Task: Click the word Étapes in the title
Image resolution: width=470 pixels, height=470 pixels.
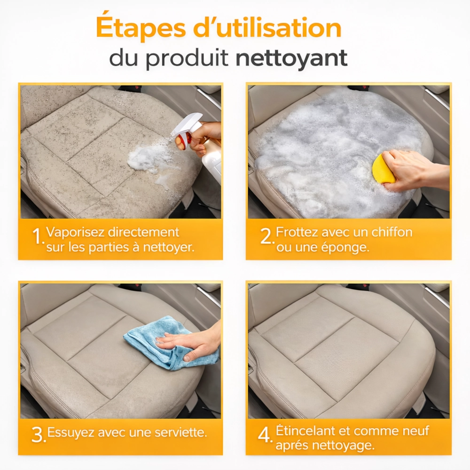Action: tap(141, 28)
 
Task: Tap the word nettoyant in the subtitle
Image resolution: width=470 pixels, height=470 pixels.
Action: tap(292, 58)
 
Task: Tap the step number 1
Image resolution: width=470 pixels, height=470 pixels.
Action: tap(39, 236)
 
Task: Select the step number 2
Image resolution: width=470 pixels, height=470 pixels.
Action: tap(267, 236)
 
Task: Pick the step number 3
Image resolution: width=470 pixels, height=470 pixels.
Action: tap(39, 434)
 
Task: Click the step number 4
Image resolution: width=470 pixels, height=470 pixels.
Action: tap(265, 434)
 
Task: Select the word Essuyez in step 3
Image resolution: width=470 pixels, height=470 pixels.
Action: tap(71, 432)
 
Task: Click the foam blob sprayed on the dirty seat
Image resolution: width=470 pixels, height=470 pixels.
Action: tap(150, 160)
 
